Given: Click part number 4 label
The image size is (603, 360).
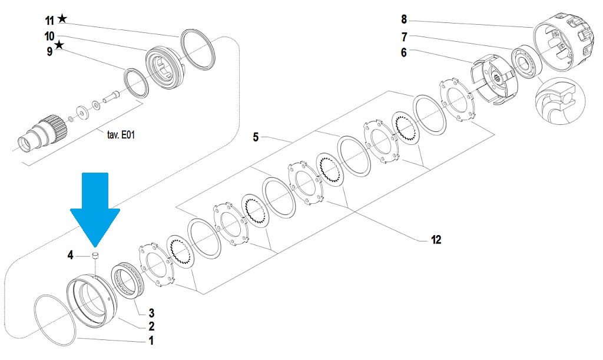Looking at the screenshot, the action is [x=71, y=255].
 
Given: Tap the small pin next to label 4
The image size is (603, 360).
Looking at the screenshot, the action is [x=96, y=256].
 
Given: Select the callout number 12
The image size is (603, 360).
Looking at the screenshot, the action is [x=436, y=240].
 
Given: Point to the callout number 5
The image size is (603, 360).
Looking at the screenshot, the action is [x=256, y=137].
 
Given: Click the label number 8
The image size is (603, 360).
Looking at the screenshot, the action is [x=404, y=19].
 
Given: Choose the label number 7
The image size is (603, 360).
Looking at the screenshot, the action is [x=404, y=37].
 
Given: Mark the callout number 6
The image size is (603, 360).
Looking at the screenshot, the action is [x=403, y=52].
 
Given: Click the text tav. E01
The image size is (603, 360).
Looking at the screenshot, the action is [x=121, y=135].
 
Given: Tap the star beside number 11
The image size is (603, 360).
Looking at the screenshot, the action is [x=62, y=18].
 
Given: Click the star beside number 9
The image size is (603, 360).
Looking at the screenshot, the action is [x=59, y=45].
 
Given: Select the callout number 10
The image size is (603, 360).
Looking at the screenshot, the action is [x=49, y=37].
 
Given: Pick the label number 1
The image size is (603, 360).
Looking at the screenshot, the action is [x=151, y=341].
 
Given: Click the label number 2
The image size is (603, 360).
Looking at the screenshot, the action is [x=151, y=326].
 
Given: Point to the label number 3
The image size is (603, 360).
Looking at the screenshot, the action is [x=151, y=313].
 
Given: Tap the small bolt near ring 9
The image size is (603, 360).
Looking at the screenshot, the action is [x=110, y=97].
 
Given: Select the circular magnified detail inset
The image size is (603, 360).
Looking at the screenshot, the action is [x=560, y=101].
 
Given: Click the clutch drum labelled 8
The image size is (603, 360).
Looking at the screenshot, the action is [x=564, y=42].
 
